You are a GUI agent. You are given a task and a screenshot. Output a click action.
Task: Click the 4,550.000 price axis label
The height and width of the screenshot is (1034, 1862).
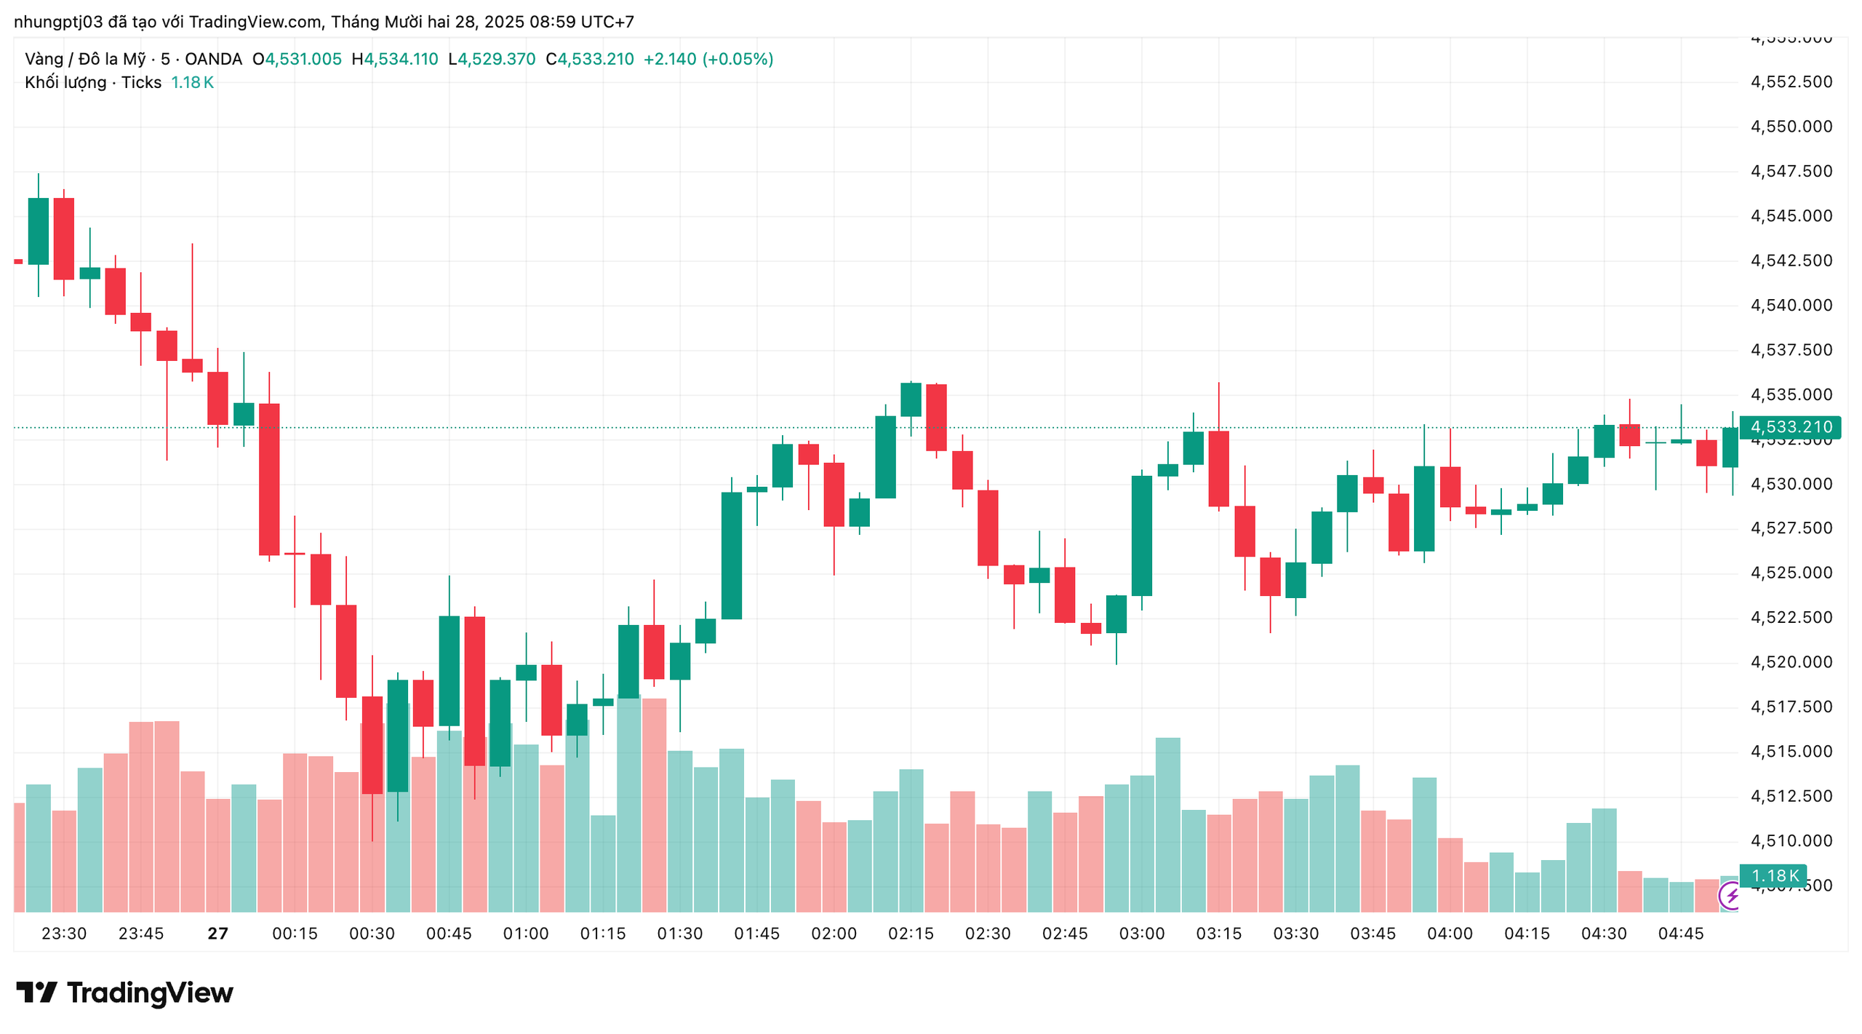pyautogui.click(x=1790, y=127)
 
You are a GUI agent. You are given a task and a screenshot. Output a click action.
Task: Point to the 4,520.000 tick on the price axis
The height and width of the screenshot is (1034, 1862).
pyautogui.click(x=1790, y=662)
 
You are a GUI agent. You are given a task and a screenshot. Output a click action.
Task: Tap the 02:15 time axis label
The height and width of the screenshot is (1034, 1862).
pyautogui.click(x=911, y=934)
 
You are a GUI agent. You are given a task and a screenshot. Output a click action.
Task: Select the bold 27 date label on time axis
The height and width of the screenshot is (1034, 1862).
pyautogui.click(x=217, y=934)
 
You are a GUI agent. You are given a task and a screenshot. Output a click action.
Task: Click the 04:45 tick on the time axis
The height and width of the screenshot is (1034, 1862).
pyautogui.click(x=1680, y=934)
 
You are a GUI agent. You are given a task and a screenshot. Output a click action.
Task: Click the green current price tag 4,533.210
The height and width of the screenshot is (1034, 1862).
pyautogui.click(x=1789, y=427)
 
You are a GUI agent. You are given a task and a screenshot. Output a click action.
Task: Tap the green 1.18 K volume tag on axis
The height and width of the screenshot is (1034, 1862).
pyautogui.click(x=1773, y=876)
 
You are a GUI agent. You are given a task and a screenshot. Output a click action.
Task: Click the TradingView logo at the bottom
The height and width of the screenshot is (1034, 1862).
pyautogui.click(x=124, y=993)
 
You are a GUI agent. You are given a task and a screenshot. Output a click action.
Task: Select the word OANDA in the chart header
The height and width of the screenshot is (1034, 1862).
pyautogui.click(x=213, y=59)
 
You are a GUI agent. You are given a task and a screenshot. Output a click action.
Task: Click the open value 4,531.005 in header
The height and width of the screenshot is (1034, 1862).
pyautogui.click(x=303, y=59)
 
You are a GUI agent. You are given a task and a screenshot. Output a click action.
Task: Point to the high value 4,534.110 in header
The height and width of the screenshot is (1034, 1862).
pyautogui.click(x=401, y=59)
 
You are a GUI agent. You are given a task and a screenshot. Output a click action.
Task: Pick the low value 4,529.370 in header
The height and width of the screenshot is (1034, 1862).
pyautogui.click(x=497, y=59)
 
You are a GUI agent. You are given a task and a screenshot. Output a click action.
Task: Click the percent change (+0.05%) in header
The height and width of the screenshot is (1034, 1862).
pyautogui.click(x=738, y=59)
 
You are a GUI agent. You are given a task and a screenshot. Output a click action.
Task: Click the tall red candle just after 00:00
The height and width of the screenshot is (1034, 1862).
pyautogui.click(x=269, y=480)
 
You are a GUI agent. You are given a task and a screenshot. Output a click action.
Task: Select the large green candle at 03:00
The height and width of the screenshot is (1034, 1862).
pyautogui.click(x=1141, y=536)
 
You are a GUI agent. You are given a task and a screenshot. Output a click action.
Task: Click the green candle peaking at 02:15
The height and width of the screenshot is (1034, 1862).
pyautogui.click(x=911, y=399)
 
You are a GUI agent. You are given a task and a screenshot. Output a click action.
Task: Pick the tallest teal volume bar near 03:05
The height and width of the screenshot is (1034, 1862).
pyautogui.click(x=1167, y=825)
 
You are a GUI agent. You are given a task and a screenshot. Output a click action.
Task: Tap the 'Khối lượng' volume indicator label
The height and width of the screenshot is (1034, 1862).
pyautogui.click(x=65, y=82)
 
